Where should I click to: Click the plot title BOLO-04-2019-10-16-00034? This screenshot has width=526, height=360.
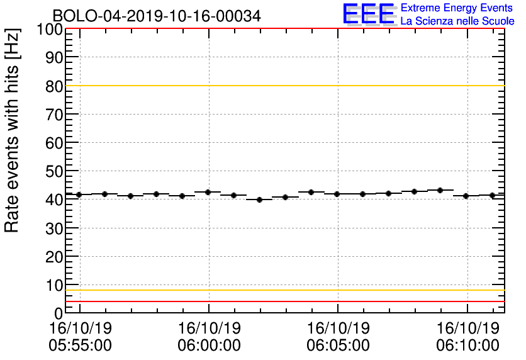coord(157,16)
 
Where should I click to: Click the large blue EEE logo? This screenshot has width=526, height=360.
coord(369,14)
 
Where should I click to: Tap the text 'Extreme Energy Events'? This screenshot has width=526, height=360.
coord(457,8)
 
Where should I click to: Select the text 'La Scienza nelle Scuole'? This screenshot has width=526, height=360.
coord(457,21)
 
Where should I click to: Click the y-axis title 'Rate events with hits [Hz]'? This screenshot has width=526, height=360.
coord(13,131)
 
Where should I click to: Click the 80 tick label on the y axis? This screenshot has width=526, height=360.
coord(55,86)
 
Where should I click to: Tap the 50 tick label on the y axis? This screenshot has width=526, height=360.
coord(55,171)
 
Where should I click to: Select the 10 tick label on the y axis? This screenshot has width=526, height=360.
coord(55,284)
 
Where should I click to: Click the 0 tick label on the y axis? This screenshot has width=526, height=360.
coord(59,313)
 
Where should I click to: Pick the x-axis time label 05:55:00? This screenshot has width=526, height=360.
coord(81,346)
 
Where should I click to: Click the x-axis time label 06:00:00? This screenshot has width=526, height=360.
coord(210,346)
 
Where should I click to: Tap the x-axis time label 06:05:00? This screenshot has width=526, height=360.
coord(339,346)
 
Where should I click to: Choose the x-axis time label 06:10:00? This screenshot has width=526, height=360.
coord(467,346)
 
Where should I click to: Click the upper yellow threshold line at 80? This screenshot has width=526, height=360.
coord(283,86)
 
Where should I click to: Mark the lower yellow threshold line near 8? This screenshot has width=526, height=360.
coord(283,290)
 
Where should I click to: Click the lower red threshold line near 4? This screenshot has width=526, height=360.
coord(283,301)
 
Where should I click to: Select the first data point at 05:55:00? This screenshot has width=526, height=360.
coord(79,194)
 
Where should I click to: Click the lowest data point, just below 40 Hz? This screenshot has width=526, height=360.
coord(259,200)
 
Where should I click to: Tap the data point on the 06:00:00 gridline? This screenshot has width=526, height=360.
coord(208,192)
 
